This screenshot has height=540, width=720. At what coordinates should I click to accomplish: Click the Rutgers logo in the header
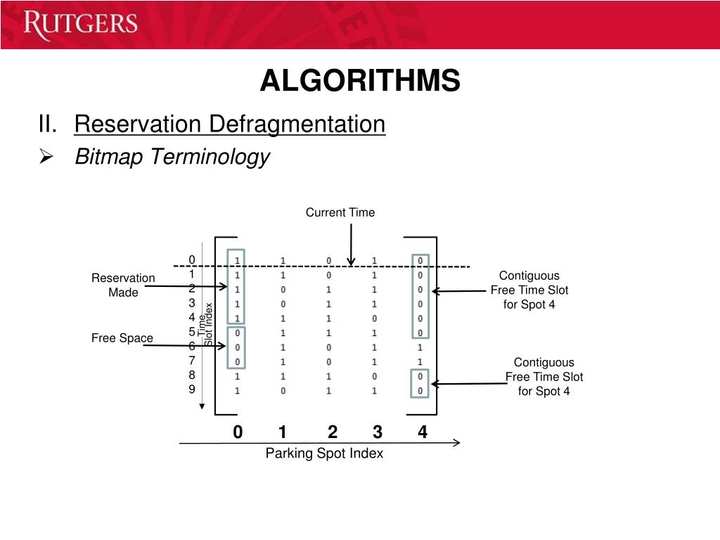coord(79,25)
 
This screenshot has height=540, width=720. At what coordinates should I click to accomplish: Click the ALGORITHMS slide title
coord(360,81)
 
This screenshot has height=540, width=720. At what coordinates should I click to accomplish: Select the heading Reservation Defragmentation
coord(230,124)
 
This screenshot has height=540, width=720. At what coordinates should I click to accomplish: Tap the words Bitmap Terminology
coord(172,156)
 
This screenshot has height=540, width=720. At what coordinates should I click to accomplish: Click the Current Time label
coord(340,212)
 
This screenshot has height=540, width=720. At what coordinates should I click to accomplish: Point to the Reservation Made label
coord(123,285)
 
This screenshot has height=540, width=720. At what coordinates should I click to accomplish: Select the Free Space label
coord(122,338)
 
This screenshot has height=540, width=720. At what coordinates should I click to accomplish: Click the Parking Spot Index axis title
coord(324,454)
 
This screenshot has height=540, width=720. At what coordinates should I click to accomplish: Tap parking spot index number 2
coord(333,432)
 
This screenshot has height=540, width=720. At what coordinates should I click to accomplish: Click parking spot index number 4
coord(422,432)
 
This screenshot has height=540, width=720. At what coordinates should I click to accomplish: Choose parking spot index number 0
coord(238,432)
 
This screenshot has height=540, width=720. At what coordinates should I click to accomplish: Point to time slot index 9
coord(191,390)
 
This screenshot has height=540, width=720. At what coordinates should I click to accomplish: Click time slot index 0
coord(191,259)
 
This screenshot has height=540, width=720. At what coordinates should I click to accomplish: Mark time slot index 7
coord(191,361)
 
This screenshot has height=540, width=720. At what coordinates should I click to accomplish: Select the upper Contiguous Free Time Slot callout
coord(529,290)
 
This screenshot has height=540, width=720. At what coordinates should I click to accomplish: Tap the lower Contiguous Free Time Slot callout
coord(544,376)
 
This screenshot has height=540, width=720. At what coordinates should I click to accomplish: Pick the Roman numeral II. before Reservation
coord(49,124)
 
